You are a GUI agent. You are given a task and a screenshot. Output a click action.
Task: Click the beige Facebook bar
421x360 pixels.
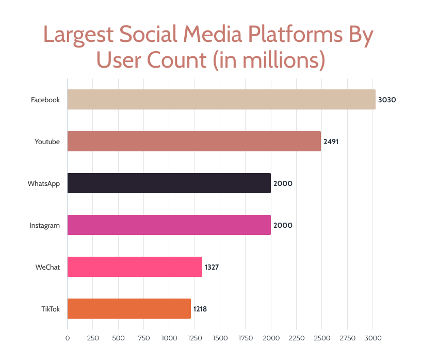(221, 99)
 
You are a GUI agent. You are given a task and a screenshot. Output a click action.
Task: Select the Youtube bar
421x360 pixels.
(194, 141)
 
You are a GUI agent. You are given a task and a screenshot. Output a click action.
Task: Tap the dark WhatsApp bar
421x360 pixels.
(169, 183)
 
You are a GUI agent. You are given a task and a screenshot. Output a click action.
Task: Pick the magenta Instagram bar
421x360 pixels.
(169, 225)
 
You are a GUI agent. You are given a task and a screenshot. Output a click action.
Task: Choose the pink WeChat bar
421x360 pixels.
(135, 267)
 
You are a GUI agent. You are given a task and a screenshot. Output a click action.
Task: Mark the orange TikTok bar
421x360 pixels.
(129, 309)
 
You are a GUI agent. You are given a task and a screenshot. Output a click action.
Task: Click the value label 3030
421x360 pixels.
(386, 100)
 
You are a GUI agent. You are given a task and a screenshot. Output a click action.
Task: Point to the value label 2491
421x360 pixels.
(331, 142)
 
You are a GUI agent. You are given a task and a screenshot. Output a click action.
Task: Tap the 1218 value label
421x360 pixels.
(200, 309)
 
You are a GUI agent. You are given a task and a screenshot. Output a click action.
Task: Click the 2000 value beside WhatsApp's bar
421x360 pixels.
(282, 183)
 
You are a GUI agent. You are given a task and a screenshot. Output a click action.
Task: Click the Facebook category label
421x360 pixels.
(45, 100)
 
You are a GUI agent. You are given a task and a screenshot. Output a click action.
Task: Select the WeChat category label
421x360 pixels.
(47, 268)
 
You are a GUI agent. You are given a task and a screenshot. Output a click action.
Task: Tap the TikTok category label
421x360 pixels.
(51, 309)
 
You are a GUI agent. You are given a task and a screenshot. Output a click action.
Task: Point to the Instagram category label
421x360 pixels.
(45, 225)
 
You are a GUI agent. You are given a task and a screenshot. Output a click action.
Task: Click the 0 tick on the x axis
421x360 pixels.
(68, 338)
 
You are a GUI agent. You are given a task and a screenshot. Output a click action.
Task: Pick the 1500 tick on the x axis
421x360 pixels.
(220, 338)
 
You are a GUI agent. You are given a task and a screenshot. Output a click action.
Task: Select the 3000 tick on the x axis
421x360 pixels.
(373, 338)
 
